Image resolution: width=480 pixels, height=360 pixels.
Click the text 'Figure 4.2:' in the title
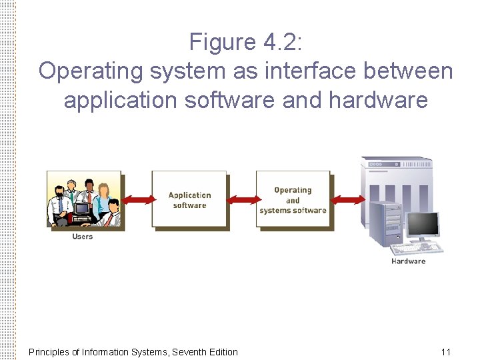coord(246,43)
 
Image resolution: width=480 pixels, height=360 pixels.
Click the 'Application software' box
coord(190,200)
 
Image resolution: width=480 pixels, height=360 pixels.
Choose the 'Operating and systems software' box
coord(293,199)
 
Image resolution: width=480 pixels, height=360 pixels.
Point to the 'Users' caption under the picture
coord(83,237)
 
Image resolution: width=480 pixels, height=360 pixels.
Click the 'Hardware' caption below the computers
coord(408,261)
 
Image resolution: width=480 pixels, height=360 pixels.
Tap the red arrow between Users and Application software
coord(137,199)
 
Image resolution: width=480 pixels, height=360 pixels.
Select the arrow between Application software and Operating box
coord(241,199)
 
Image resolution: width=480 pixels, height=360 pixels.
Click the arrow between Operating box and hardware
coord(347,199)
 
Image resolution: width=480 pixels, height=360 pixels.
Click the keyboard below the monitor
coord(417,249)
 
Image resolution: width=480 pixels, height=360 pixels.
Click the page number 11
coord(446,352)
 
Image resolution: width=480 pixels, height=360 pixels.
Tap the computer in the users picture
coord(82,209)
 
